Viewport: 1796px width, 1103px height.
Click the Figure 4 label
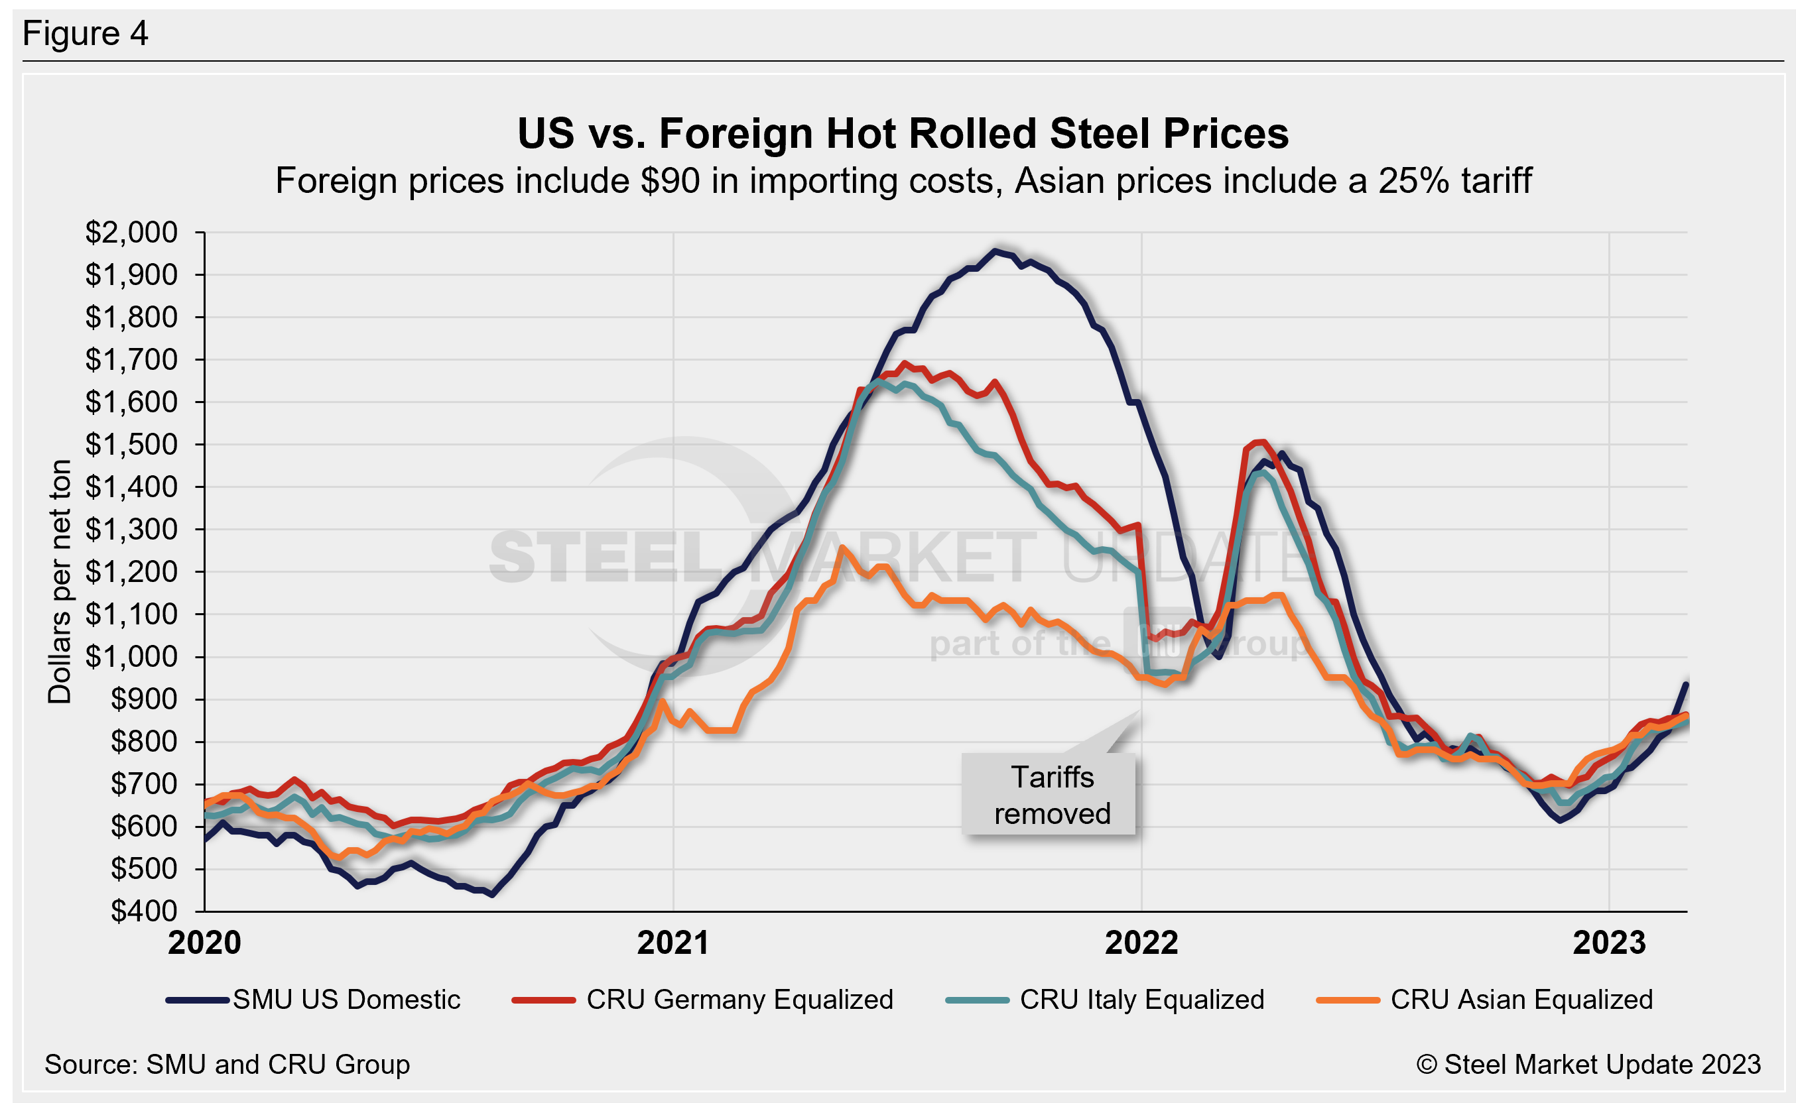pos(86,34)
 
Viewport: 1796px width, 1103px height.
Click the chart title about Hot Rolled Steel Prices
pos(903,133)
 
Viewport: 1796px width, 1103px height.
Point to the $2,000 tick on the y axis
pos(131,233)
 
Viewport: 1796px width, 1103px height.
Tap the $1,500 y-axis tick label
pos(131,444)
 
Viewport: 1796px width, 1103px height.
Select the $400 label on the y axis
pos(144,911)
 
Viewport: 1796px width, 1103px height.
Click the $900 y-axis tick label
pos(144,699)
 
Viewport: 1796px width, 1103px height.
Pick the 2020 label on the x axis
pos(204,943)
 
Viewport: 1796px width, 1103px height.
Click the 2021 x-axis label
pos(673,943)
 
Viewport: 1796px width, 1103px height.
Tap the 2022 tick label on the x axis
pos(1141,943)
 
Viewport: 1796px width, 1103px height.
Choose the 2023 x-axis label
pos(1609,943)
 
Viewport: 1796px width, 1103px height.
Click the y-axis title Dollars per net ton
pos(60,581)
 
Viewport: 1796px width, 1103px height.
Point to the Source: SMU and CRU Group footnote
pos(227,1065)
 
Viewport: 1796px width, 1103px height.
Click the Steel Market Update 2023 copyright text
pos(1588,1065)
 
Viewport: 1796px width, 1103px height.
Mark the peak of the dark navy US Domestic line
pos(994,251)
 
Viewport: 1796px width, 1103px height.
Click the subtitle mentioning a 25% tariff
pos(903,180)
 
